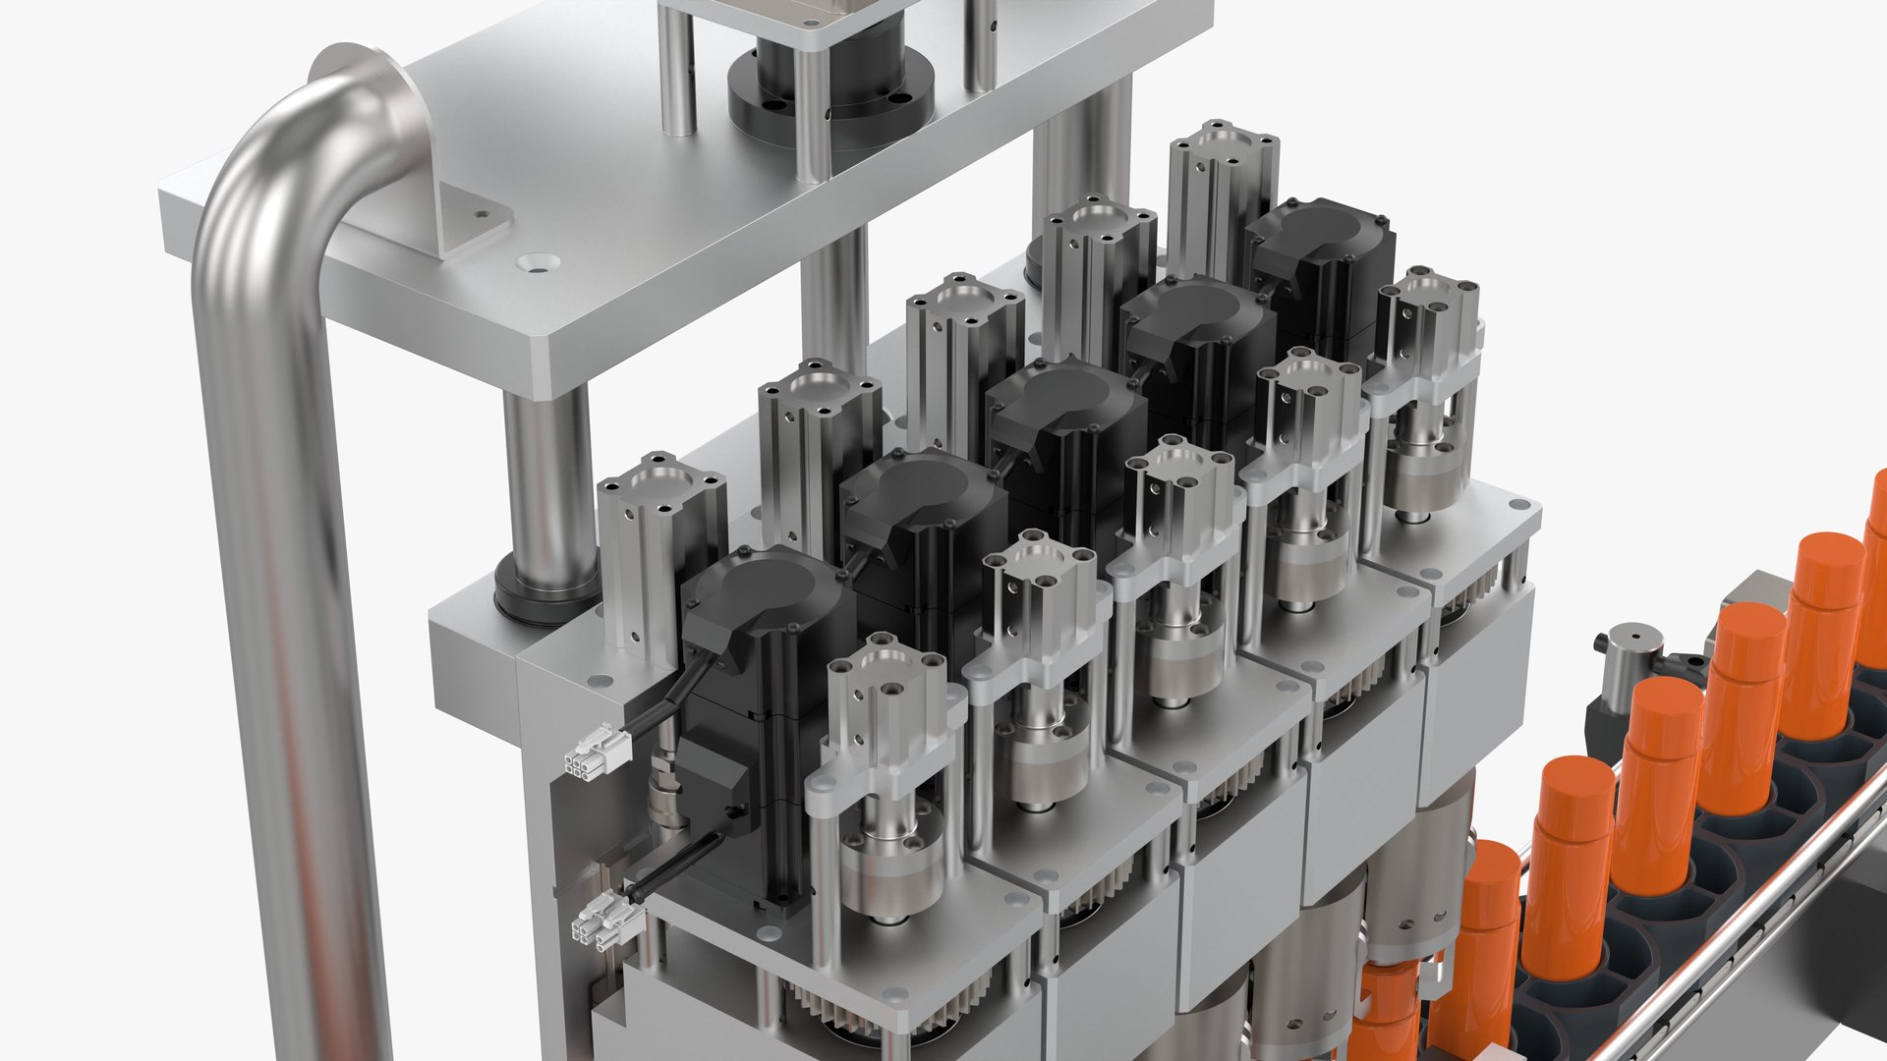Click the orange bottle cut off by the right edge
(1875, 580)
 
